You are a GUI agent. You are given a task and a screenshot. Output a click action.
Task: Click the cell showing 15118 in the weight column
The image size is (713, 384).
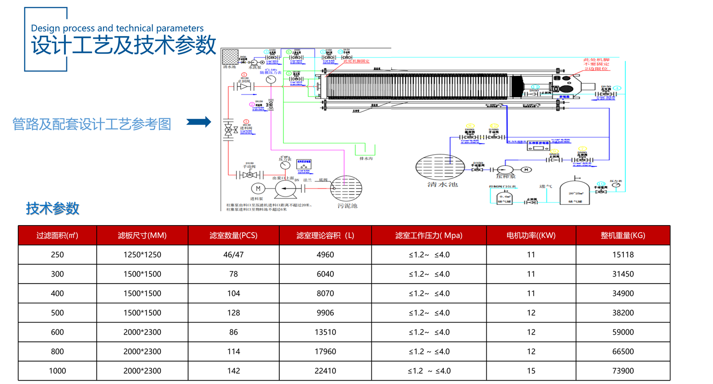pos(622,255)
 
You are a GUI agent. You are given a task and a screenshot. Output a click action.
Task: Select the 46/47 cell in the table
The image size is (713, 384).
pos(234,255)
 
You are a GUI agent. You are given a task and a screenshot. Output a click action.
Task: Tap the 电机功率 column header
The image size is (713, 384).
pos(531,236)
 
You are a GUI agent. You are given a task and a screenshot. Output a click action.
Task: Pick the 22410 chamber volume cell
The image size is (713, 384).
pos(325,371)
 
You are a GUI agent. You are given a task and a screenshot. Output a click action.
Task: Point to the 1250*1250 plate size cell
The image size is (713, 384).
pos(142,255)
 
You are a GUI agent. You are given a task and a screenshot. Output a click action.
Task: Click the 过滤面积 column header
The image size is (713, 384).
pos(57,236)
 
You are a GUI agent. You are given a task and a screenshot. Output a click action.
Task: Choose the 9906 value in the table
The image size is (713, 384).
pos(325,313)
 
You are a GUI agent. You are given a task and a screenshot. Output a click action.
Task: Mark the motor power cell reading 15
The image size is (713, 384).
pos(531,371)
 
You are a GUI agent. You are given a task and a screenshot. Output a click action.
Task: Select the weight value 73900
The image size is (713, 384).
pos(622,371)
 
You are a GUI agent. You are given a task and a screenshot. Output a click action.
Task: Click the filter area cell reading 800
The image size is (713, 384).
pos(57,351)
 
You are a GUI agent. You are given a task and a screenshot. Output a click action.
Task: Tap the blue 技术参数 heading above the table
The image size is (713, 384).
pos(52,208)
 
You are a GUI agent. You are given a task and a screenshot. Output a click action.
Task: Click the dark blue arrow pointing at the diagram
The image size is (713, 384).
pos(199,122)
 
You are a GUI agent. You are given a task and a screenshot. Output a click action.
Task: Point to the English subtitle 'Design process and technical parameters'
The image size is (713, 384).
pos(117,28)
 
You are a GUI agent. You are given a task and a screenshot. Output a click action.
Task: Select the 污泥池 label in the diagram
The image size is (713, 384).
pos(347,205)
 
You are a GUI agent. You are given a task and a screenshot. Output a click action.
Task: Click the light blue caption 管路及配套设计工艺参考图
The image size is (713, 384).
pos(92,124)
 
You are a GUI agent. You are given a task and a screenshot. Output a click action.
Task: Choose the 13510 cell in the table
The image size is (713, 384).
pos(325,332)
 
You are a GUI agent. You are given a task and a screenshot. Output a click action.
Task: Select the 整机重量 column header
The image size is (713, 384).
pos(622,236)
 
